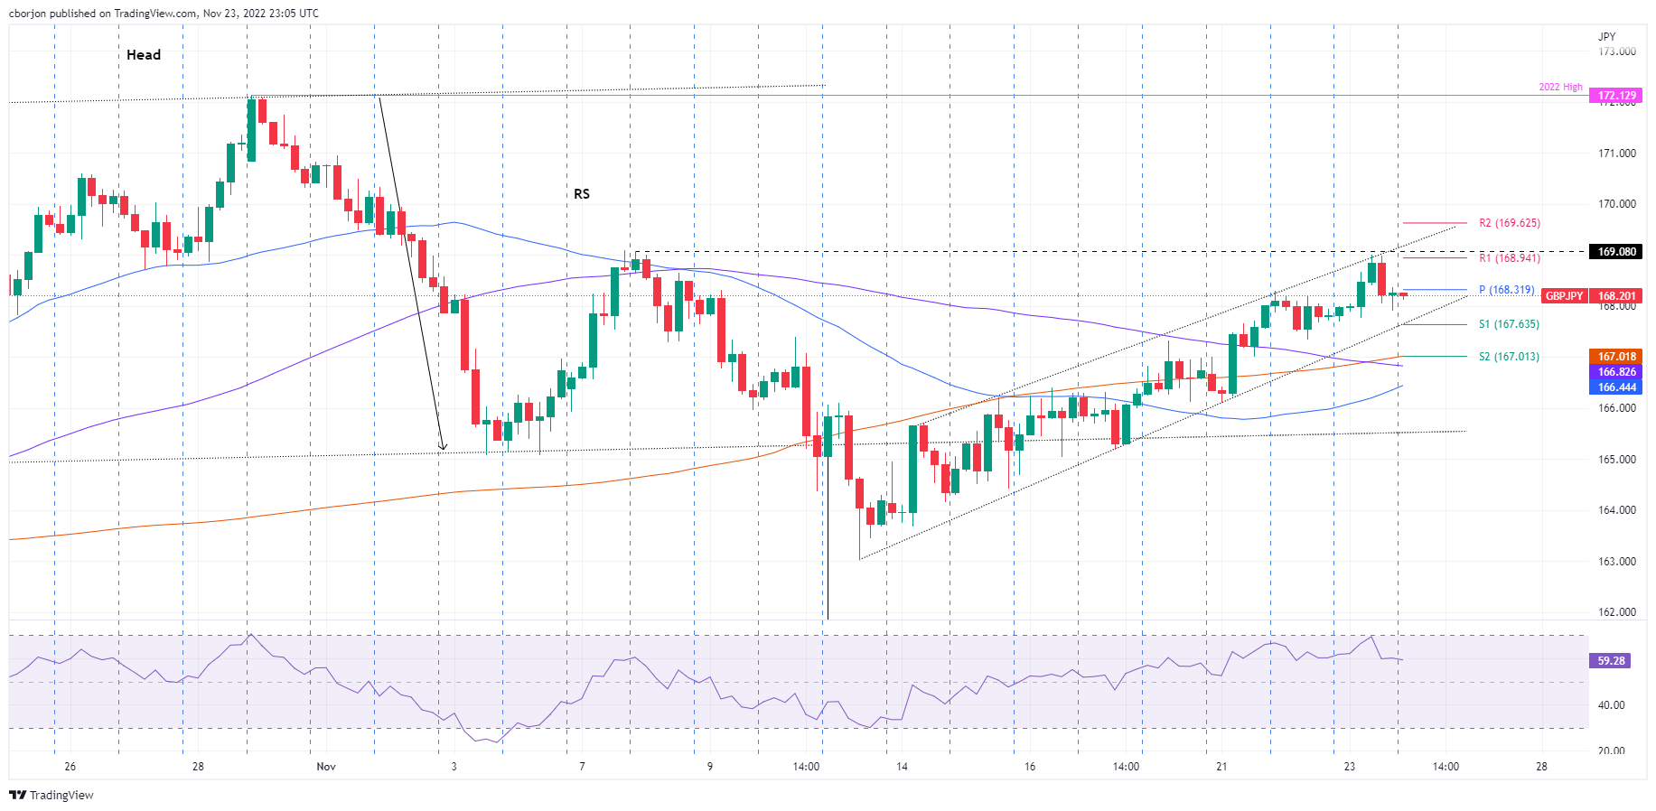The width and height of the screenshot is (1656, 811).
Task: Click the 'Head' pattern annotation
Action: pyautogui.click(x=144, y=55)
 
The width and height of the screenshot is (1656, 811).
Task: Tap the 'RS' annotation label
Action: pyautogui.click(x=582, y=194)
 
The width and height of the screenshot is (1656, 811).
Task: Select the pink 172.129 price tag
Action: pyautogui.click(x=1616, y=96)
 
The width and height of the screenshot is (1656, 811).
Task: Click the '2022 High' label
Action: pyautogui.click(x=1560, y=88)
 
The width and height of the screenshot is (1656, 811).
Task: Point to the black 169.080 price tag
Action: pyautogui.click(x=1616, y=252)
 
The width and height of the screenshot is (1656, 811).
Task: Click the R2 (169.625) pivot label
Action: pyautogui.click(x=1509, y=223)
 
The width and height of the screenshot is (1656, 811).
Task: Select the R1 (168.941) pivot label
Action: pyautogui.click(x=1509, y=258)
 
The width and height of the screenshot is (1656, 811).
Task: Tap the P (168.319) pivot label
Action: pyautogui.click(x=1506, y=290)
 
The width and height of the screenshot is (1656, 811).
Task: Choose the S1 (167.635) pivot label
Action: pyautogui.click(x=1509, y=324)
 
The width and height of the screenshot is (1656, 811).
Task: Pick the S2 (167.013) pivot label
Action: pyautogui.click(x=1509, y=357)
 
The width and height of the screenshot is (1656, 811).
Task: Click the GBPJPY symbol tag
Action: pyautogui.click(x=1564, y=296)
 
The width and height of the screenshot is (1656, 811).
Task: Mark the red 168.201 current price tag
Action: pyautogui.click(x=1616, y=296)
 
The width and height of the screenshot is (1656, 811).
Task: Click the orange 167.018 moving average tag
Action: pyautogui.click(x=1616, y=357)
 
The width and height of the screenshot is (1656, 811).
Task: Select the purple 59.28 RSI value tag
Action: pyautogui.click(x=1611, y=661)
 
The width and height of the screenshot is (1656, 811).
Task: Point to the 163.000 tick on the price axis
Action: pyautogui.click(x=1616, y=562)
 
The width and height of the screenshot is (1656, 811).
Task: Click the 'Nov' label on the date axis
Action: pyautogui.click(x=326, y=767)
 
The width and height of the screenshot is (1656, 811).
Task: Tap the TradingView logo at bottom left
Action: pyautogui.click(x=51, y=795)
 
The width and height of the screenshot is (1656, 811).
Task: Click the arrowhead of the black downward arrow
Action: pyautogui.click(x=442, y=446)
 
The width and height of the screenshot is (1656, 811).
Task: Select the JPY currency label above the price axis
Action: pyautogui.click(x=1606, y=37)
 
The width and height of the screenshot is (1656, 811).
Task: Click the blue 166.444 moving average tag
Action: pyautogui.click(x=1616, y=387)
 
